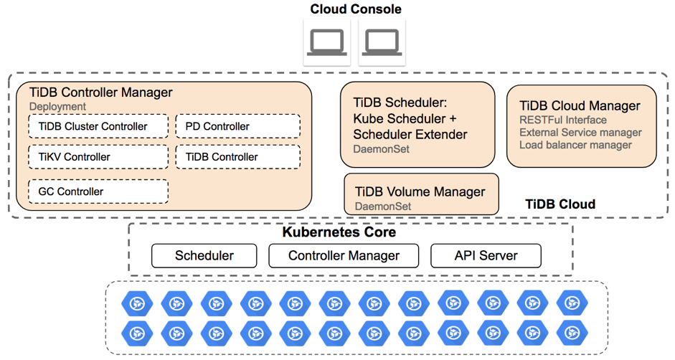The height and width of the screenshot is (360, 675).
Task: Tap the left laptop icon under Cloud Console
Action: tap(327, 42)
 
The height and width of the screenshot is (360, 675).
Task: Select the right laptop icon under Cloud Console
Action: tap(382, 42)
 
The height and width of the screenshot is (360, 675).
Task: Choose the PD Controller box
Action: tap(237, 126)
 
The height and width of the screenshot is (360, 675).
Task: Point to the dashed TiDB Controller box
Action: tap(237, 156)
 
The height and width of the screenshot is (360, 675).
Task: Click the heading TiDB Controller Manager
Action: tap(101, 93)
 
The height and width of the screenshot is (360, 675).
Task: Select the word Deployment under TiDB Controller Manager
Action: tap(57, 106)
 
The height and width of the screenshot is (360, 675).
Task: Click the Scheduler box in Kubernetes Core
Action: tap(204, 255)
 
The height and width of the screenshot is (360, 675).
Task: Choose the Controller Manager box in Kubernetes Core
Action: tap(344, 255)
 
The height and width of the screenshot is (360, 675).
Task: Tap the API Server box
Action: tap(486, 255)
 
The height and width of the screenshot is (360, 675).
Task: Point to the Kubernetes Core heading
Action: tap(339, 232)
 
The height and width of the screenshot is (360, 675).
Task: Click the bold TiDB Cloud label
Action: tap(560, 204)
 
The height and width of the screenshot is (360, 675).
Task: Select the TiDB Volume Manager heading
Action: tap(420, 191)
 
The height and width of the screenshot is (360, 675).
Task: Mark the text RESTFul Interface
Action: tap(563, 120)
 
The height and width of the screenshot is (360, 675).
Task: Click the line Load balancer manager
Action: tap(575, 145)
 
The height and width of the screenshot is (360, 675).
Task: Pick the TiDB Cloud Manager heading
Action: tap(580, 105)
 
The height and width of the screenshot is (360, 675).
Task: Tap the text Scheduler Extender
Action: tap(410, 134)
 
